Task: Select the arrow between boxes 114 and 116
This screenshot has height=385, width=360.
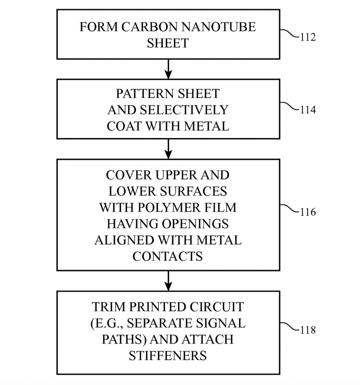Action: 168,149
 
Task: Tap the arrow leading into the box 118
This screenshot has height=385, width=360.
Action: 168,281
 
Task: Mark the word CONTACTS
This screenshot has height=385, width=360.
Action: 168,256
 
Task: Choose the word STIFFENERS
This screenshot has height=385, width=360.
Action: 168,355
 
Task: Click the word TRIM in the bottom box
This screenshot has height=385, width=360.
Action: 106,307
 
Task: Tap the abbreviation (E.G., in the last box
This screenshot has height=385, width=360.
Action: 105,323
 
